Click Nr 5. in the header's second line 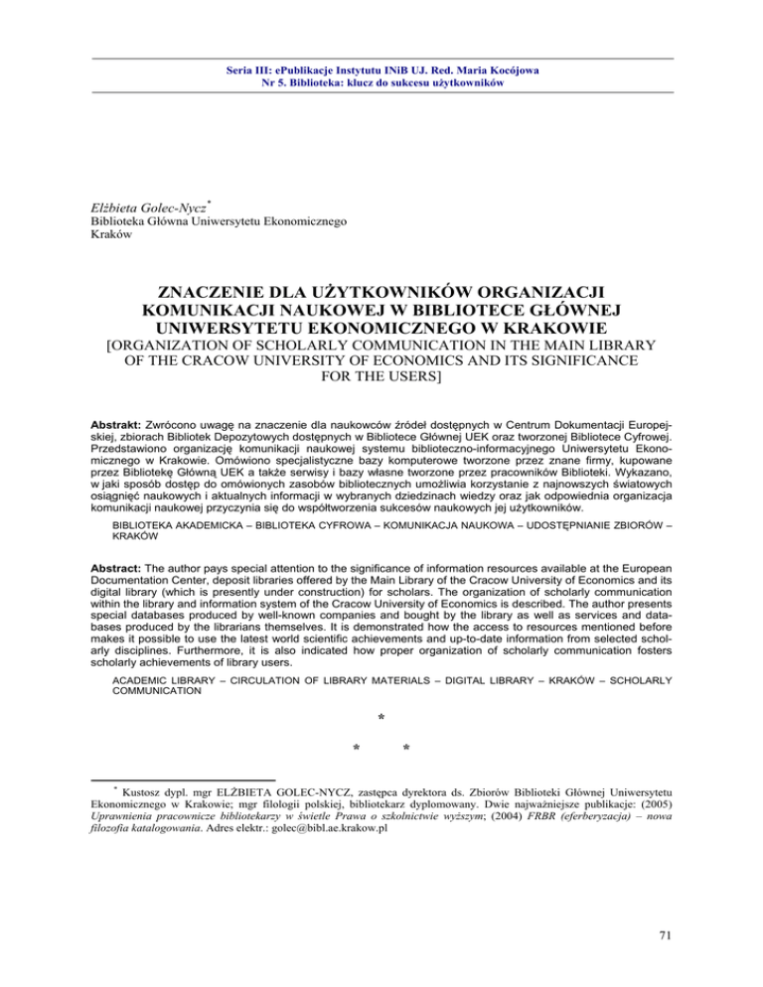pos(269,84)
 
